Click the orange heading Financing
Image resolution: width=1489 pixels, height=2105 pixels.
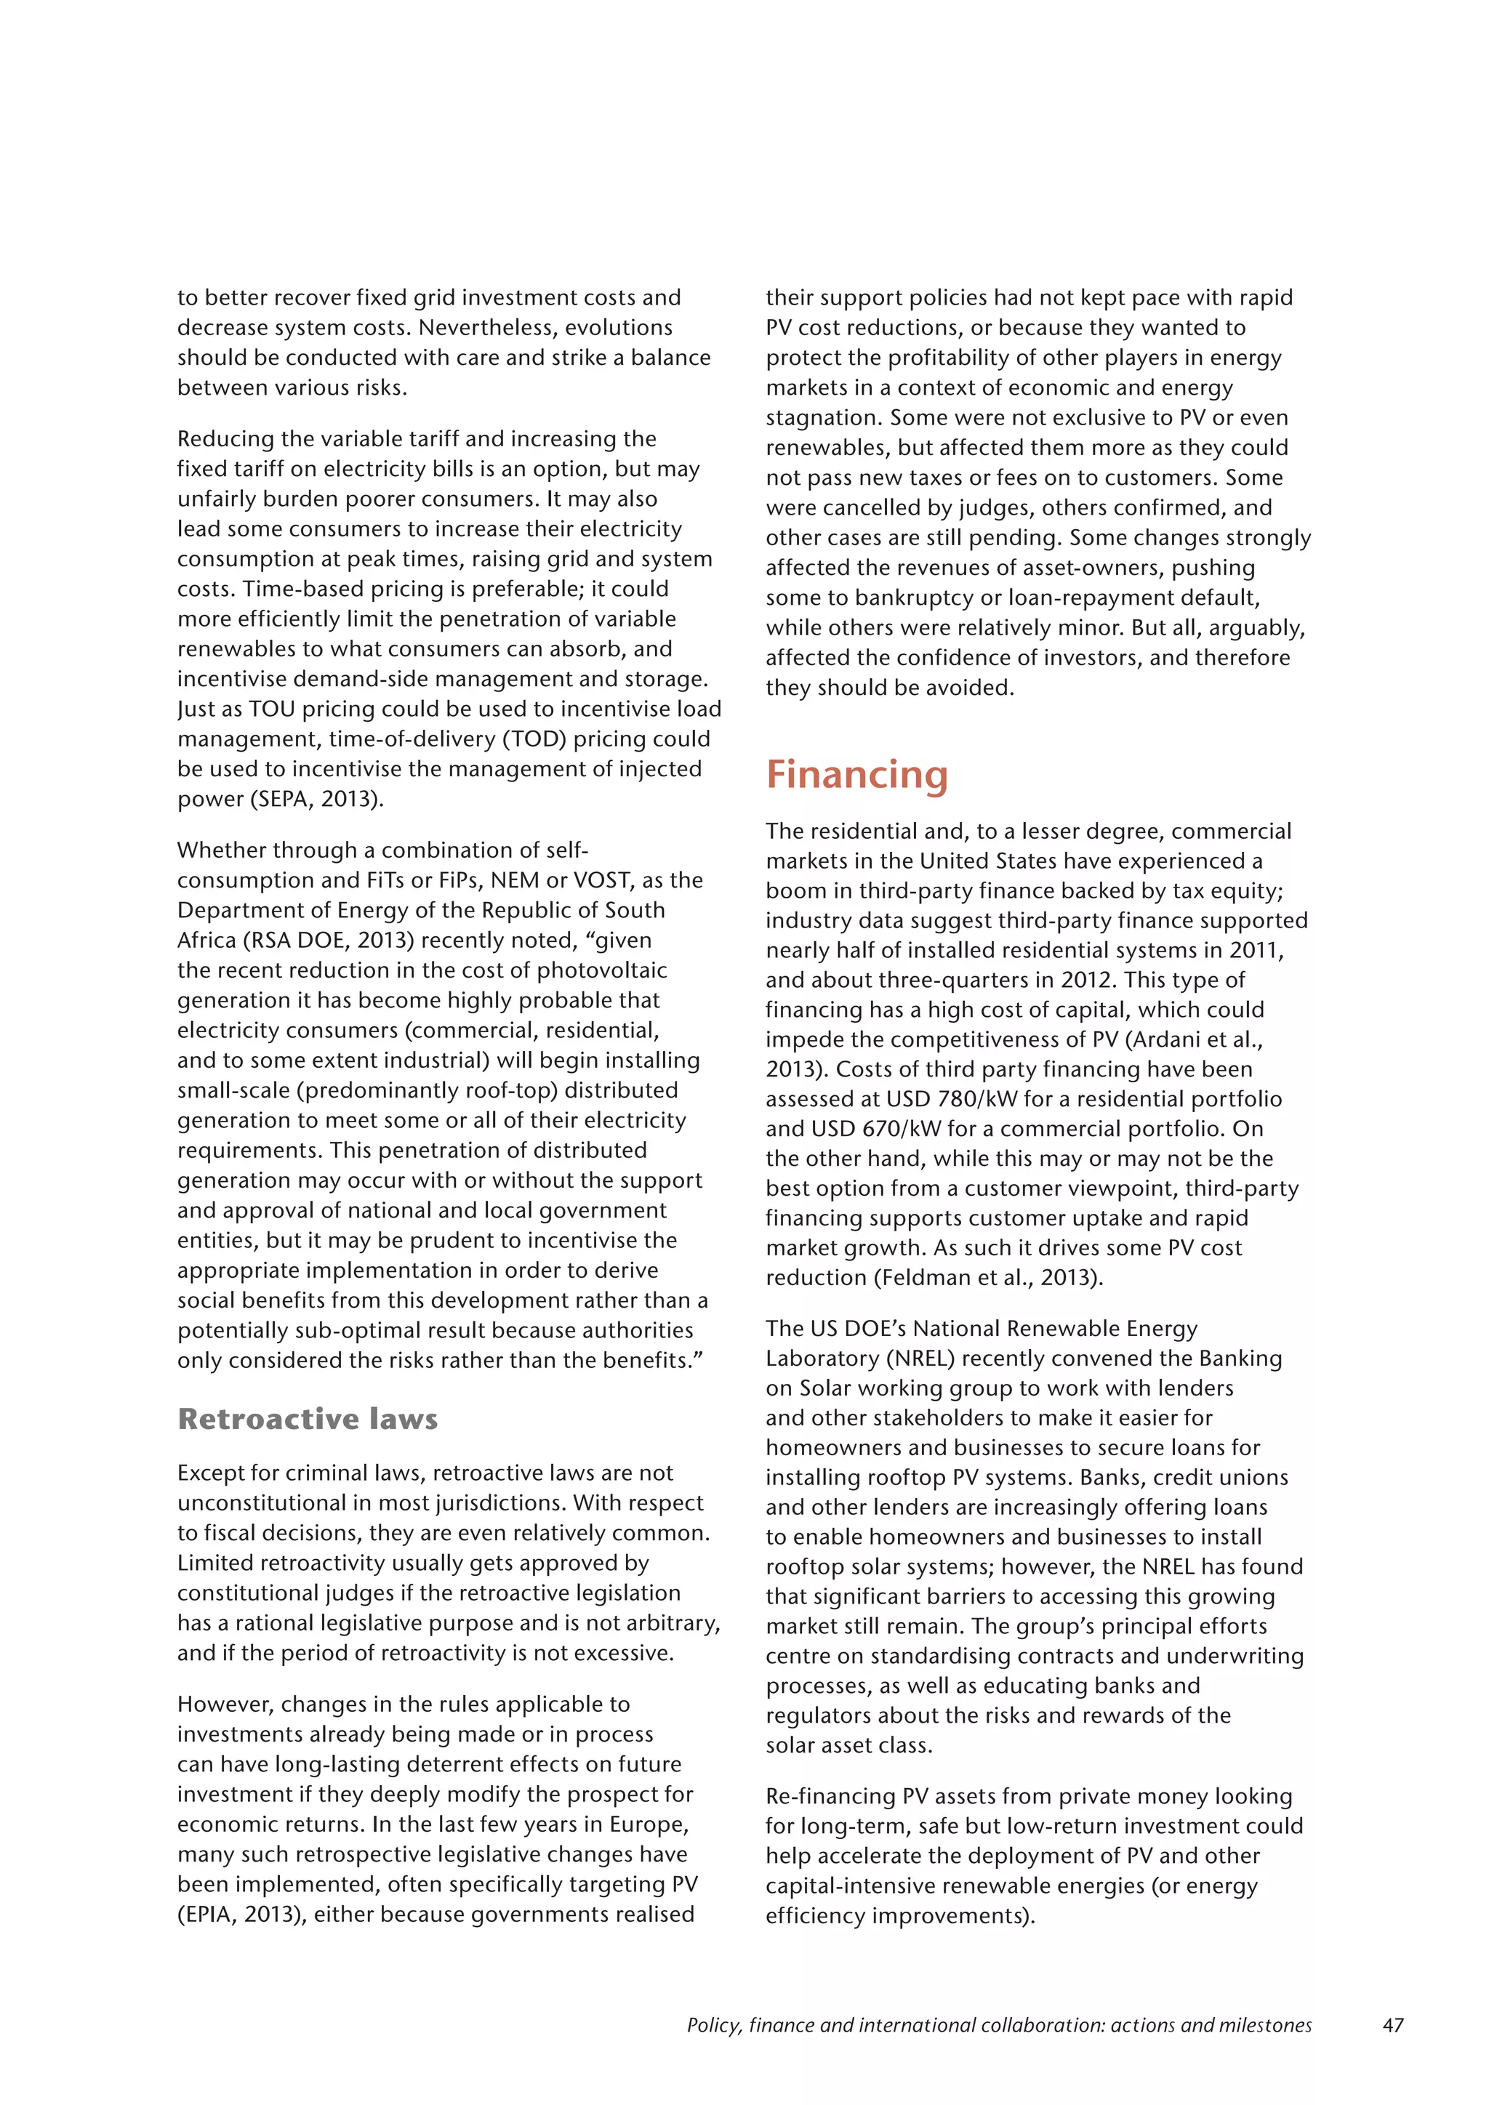point(856,775)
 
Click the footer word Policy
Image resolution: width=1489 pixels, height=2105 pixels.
point(714,2024)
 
